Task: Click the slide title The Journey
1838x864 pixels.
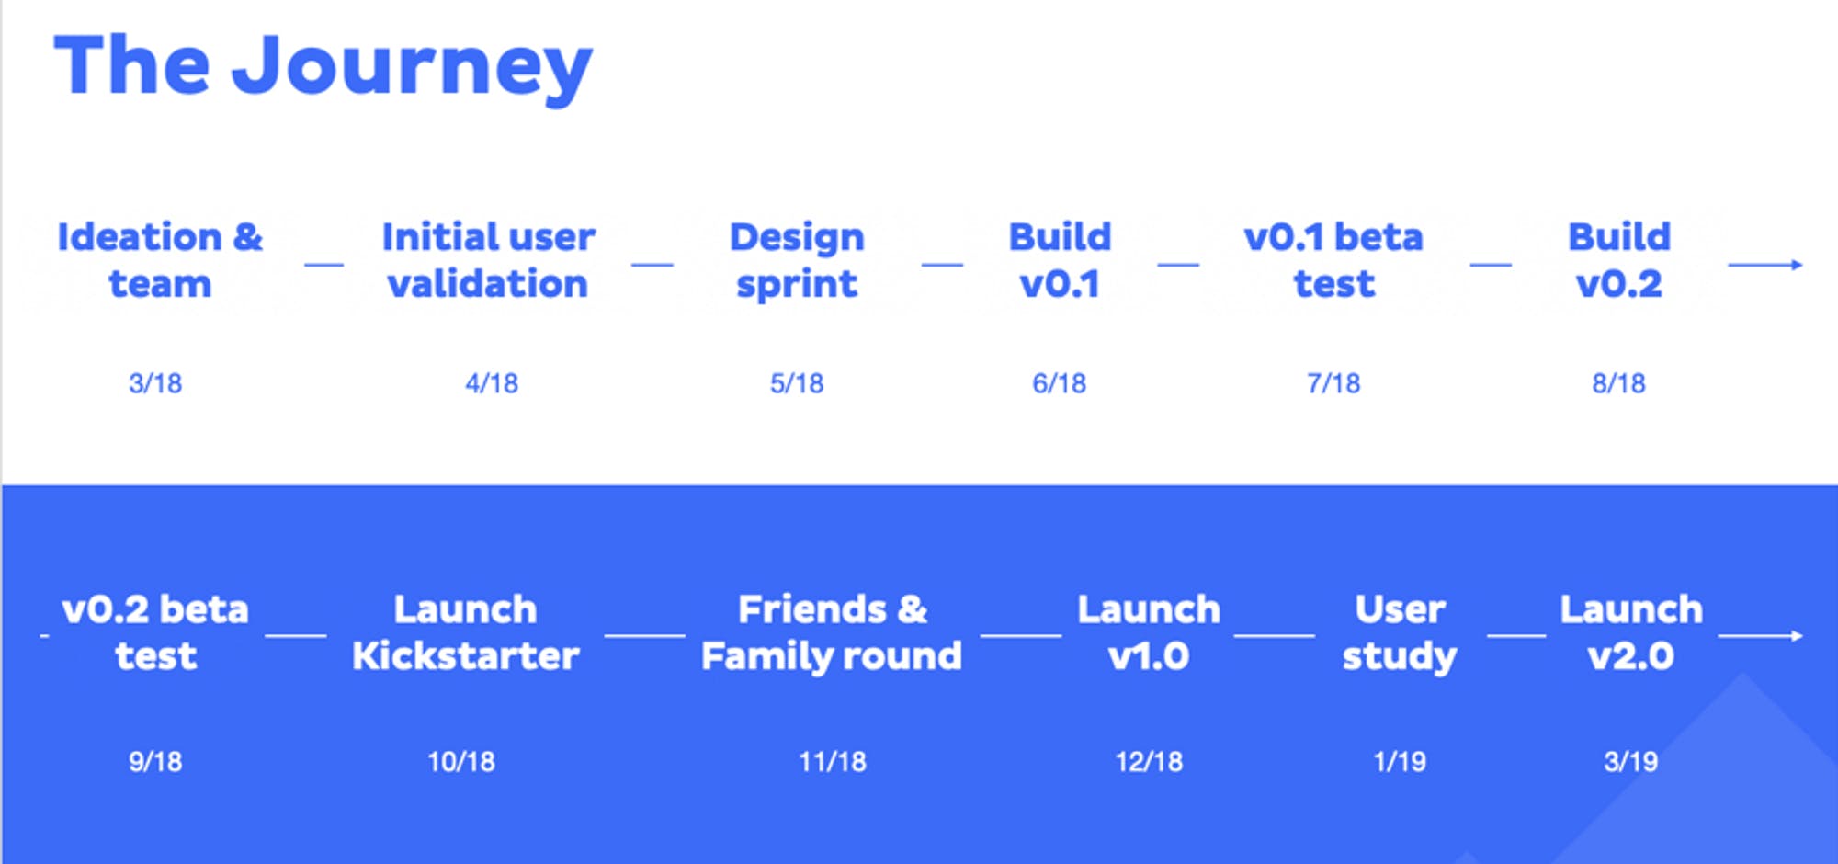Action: tap(323, 66)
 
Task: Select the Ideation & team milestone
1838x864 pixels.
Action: tap(160, 260)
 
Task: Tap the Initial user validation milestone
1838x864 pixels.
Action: tap(489, 260)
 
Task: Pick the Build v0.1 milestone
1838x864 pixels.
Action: tap(1061, 260)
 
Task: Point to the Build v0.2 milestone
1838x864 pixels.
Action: tap(1619, 260)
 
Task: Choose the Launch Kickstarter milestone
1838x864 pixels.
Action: tap(466, 632)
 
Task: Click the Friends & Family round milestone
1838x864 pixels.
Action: tap(832, 632)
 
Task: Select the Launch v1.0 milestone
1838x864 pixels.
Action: tap(1149, 632)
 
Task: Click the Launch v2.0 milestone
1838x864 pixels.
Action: tap(1631, 632)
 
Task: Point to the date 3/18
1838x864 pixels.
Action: tap(155, 382)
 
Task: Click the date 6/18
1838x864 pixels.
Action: tap(1060, 382)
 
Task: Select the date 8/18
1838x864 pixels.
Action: tap(1619, 382)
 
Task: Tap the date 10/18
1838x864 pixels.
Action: tap(461, 761)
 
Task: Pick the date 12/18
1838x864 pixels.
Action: tap(1149, 761)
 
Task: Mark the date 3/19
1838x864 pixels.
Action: tap(1631, 761)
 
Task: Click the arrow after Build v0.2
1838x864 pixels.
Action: tap(1765, 265)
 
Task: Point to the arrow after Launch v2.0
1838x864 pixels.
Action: tap(1761, 635)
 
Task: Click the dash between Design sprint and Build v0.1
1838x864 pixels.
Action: tap(942, 265)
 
